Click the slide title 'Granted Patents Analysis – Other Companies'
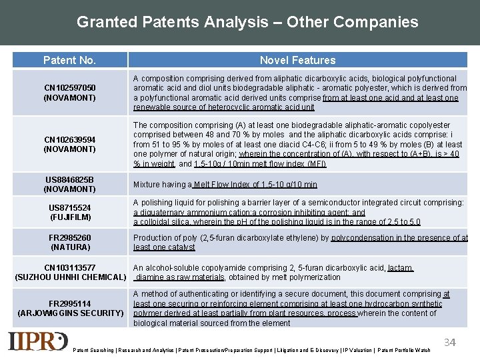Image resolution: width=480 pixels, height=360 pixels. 247,22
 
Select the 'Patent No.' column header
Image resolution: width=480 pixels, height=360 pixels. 69,60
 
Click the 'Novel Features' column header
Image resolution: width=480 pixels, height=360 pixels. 297,60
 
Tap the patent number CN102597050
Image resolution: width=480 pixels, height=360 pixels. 69,88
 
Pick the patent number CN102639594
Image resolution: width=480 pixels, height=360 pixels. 69,139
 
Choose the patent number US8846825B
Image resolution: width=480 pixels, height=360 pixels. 69,180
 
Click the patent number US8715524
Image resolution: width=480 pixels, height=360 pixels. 69,208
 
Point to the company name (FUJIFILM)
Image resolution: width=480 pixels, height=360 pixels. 69,217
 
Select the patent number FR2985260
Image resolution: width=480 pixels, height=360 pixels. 69,237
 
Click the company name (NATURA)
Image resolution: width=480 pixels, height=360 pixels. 69,247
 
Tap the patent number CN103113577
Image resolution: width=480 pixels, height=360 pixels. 69,268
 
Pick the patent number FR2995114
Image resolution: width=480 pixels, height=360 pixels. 69,304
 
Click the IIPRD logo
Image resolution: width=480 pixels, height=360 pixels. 38,341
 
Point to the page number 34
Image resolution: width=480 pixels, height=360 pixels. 450,343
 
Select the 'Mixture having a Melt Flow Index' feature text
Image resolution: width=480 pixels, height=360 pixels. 225,185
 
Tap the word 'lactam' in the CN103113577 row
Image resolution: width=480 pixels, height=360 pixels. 400,268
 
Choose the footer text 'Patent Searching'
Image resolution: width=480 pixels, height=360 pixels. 93,350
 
